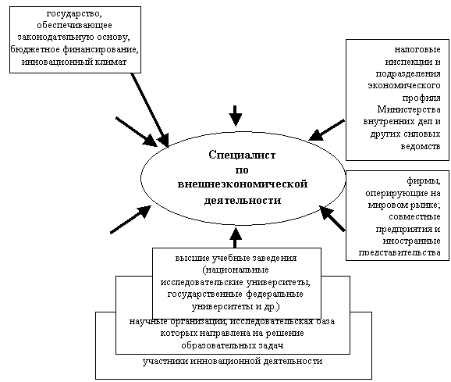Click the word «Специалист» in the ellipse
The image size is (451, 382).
point(242,155)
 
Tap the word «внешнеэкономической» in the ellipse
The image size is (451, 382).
point(243,184)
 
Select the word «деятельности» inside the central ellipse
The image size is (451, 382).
point(243,200)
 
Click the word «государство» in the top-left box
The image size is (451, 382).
point(73,14)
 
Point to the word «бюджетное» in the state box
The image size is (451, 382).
point(35,50)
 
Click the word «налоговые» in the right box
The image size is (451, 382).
point(417,49)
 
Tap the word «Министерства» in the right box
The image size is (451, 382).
point(409,109)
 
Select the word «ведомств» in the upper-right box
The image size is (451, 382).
point(421,146)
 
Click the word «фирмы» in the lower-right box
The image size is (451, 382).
point(423,181)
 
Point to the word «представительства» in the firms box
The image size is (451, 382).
point(400,253)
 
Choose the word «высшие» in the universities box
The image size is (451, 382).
point(192,258)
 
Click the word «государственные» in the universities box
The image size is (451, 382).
point(205,295)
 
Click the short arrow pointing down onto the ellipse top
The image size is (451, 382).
point(235,116)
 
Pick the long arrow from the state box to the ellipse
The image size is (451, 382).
point(150,110)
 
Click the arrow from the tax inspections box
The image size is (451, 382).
point(326,130)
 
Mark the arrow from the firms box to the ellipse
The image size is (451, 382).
point(332,218)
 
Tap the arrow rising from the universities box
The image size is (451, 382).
point(236,237)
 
